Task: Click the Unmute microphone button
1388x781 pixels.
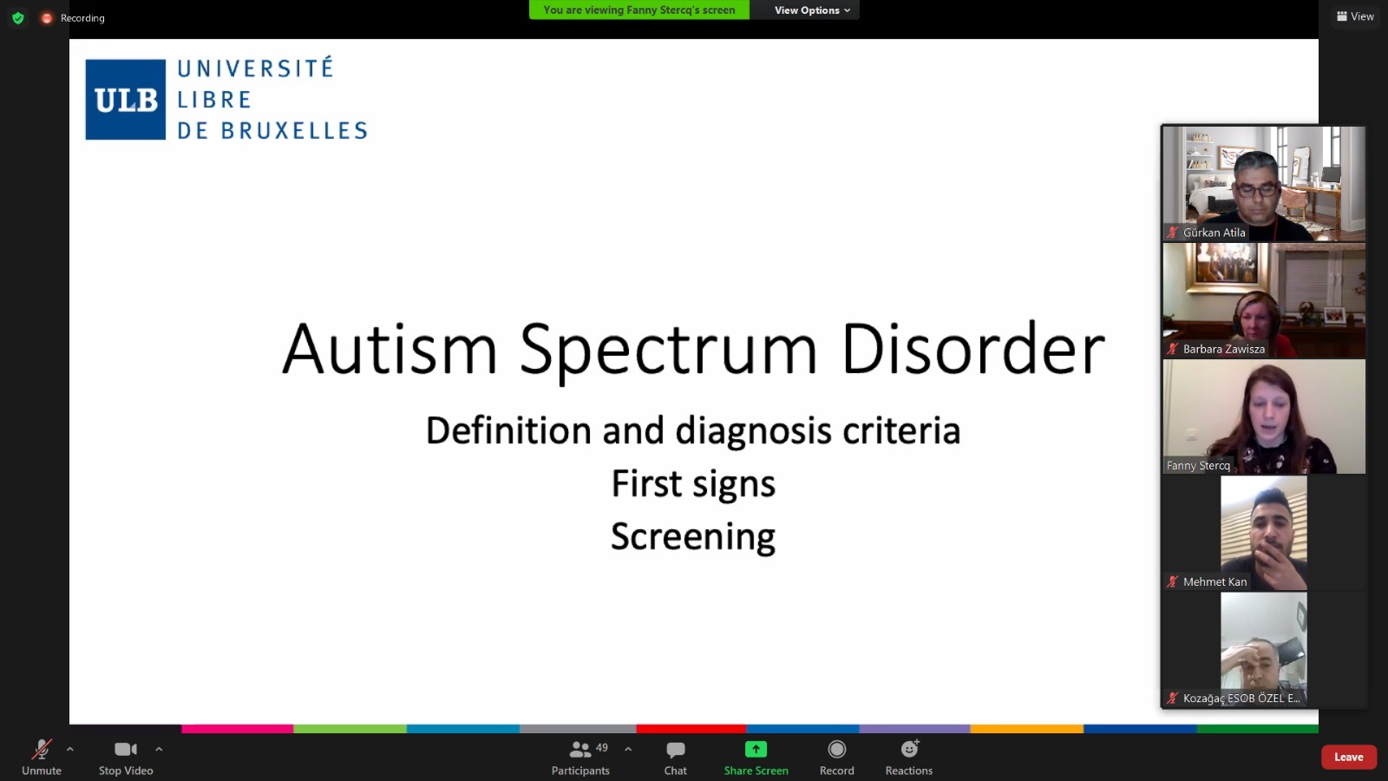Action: (42, 757)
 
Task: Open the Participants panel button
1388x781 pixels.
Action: (580, 757)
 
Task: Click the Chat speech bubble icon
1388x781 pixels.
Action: (676, 750)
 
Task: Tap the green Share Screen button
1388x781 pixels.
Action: (756, 757)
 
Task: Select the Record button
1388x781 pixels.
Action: (836, 757)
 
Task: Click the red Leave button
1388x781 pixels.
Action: (1348, 757)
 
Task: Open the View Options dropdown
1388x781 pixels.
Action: (812, 10)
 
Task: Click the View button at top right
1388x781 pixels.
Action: (1355, 16)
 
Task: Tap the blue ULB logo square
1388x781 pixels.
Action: (125, 100)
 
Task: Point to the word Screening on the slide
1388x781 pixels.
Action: (693, 537)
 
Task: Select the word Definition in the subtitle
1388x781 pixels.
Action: (508, 430)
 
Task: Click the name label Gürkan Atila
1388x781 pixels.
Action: (1214, 233)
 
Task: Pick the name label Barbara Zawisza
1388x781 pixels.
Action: (1224, 349)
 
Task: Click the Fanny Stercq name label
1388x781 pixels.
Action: (1198, 465)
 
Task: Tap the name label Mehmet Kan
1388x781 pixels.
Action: (1214, 581)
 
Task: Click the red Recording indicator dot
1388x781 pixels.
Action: (47, 18)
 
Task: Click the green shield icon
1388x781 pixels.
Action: (18, 18)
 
